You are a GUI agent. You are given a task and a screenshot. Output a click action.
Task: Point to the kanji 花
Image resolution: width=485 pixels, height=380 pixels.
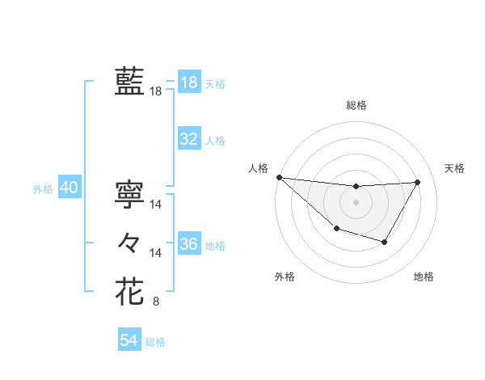tap(129, 291)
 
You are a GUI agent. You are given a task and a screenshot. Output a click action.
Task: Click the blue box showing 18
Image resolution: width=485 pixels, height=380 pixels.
tap(189, 82)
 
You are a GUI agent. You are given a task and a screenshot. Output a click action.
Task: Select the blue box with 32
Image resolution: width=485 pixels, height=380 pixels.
tap(189, 139)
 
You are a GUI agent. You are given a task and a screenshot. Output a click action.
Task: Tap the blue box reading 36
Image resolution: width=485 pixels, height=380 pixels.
tap(189, 244)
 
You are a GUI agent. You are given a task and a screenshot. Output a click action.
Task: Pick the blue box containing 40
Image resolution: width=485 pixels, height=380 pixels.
tap(69, 188)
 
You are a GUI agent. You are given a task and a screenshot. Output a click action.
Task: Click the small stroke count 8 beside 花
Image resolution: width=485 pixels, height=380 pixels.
tap(156, 303)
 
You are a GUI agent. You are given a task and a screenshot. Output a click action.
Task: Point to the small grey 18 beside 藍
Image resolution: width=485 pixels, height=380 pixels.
tap(156, 91)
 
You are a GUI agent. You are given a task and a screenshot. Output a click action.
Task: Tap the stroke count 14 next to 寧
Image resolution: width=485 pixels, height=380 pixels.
tap(157, 205)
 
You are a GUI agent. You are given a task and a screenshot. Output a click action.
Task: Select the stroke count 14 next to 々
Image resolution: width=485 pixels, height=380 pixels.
tap(157, 253)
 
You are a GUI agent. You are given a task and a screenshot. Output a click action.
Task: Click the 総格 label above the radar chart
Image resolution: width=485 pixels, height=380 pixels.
tap(356, 105)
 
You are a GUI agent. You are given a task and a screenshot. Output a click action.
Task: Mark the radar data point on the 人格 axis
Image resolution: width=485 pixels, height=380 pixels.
tap(279, 177)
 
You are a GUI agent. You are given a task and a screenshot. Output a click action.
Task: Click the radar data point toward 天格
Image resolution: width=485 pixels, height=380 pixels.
tap(417, 182)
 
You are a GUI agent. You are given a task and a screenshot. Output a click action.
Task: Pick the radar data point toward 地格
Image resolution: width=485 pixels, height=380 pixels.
tap(385, 242)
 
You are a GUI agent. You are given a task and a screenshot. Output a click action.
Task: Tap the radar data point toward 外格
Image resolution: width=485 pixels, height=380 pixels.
tap(336, 230)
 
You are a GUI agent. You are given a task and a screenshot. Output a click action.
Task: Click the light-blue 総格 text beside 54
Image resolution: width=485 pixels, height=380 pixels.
tap(155, 342)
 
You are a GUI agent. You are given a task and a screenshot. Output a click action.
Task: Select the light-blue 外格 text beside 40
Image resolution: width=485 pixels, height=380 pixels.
tap(43, 189)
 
